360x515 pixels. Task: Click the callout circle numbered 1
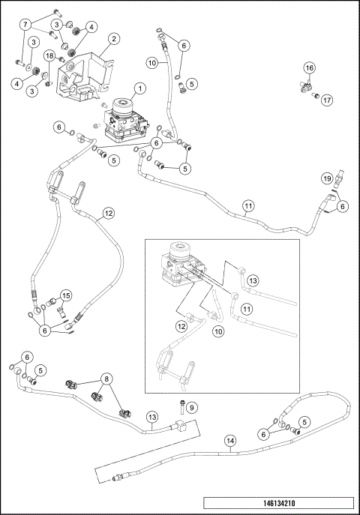click(x=139, y=87)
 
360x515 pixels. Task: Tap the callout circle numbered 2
click(x=113, y=39)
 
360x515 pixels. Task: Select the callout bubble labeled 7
click(x=26, y=25)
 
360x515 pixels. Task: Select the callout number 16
click(x=308, y=67)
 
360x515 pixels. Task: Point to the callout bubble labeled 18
click(x=48, y=56)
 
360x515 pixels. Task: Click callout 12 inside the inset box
click(x=181, y=325)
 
